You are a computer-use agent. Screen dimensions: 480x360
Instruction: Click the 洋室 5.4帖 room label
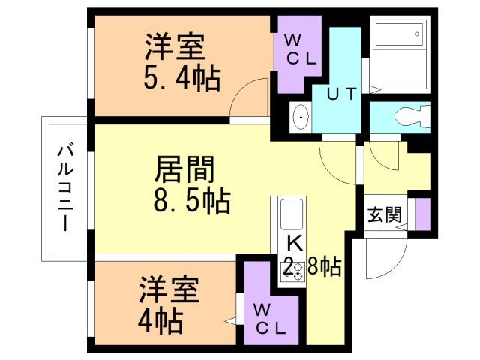pyautogui.click(x=182, y=61)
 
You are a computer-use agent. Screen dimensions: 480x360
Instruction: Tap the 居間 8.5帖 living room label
pyautogui.click(x=192, y=184)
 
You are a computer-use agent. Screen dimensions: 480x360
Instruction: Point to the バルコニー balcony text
pyautogui.click(x=65, y=188)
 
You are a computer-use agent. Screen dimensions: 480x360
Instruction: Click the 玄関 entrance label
pyautogui.click(x=385, y=214)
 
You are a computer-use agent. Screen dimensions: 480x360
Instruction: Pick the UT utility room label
pyautogui.click(x=342, y=94)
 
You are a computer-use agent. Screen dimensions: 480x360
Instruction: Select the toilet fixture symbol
pyautogui.click(x=412, y=117)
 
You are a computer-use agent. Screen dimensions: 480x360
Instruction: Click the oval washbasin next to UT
pyautogui.click(x=301, y=117)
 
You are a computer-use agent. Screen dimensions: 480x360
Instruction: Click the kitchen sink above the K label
pyautogui.click(x=292, y=214)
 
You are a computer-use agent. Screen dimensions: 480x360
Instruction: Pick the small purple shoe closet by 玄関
pyautogui.click(x=423, y=214)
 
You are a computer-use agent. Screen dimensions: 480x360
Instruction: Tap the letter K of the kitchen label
pyautogui.click(x=295, y=243)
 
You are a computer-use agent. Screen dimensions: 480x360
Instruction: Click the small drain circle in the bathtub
pyautogui.click(x=417, y=34)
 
